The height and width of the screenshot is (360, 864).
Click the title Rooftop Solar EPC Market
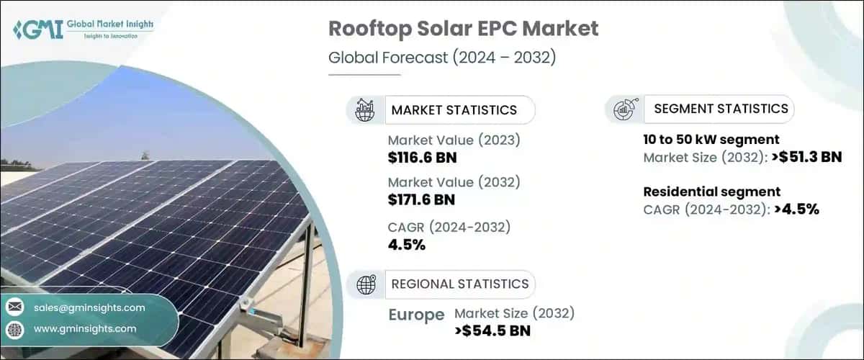(x=463, y=29)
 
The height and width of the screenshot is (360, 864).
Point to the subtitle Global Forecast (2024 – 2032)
(x=442, y=58)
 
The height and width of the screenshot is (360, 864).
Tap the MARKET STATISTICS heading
(x=454, y=110)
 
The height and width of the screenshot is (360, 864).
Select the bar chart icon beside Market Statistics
(x=366, y=110)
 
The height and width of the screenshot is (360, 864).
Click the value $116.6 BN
(x=422, y=158)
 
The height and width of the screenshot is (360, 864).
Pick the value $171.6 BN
(x=422, y=199)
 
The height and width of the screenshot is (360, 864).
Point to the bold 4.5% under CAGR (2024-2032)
(x=407, y=245)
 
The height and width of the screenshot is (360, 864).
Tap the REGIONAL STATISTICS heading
(x=459, y=284)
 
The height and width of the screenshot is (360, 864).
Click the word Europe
(x=415, y=315)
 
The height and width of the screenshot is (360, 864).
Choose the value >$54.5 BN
(x=493, y=331)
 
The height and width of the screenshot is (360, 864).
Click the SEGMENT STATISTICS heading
(x=721, y=109)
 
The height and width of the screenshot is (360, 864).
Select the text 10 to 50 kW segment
(x=711, y=140)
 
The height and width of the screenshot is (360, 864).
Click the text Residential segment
(x=702, y=192)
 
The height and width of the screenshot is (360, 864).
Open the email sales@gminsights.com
(x=89, y=307)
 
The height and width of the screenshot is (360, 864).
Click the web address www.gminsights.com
(x=85, y=329)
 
